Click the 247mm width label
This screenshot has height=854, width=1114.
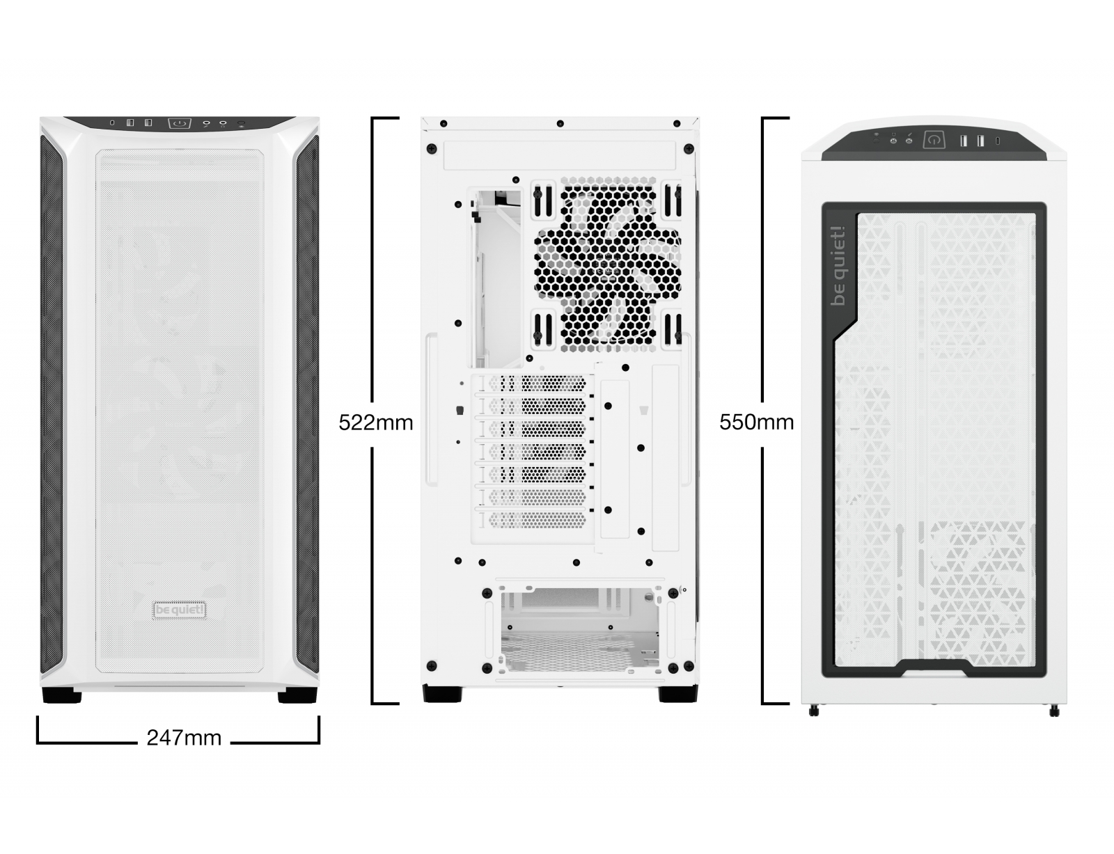[184, 737]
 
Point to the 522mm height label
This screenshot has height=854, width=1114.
[376, 422]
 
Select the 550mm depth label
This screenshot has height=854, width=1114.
[757, 422]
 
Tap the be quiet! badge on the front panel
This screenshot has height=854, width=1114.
[179, 610]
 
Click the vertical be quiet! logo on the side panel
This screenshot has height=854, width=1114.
[838, 265]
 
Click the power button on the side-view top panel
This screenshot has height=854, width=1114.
[934, 140]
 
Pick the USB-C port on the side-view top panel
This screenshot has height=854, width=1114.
[997, 141]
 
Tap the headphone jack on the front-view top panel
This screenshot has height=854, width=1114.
[242, 124]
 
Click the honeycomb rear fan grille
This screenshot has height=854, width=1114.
[608, 264]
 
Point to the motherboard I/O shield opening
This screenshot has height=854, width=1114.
[496, 278]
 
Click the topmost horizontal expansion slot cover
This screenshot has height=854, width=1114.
[533, 383]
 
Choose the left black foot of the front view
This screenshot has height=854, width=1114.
[62, 695]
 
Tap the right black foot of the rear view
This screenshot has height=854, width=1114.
[677, 694]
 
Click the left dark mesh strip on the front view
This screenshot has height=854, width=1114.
[52, 404]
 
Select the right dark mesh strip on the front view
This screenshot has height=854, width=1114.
[308, 404]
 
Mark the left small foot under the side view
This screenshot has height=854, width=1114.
[814, 711]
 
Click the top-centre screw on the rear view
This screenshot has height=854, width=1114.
[560, 124]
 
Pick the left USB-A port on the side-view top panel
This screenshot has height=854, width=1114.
[964, 141]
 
